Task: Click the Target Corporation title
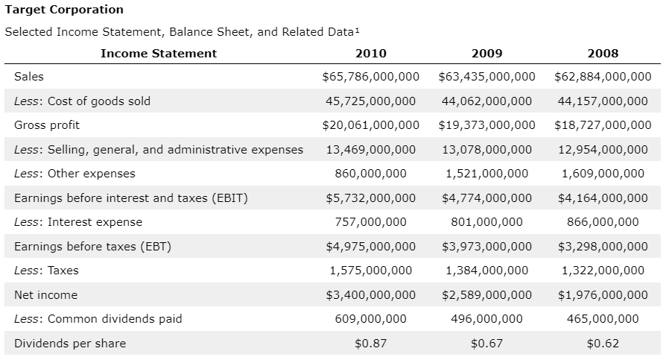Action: (64, 10)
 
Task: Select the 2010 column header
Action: (371, 53)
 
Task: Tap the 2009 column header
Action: (486, 53)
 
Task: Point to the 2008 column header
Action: (603, 53)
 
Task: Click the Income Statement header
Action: (159, 53)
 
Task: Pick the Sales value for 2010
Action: (371, 77)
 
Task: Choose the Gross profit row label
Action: (47, 125)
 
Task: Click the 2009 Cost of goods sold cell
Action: (486, 101)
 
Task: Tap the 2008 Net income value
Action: (603, 294)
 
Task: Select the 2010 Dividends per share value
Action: (371, 343)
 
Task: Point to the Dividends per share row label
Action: (70, 343)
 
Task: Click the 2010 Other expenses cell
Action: (371, 174)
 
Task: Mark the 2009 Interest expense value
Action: (486, 222)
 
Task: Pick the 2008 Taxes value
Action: (603, 271)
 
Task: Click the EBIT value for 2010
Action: (371, 198)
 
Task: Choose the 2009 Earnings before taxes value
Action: (486, 246)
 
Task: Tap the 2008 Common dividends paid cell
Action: (603, 319)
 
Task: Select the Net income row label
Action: (46, 294)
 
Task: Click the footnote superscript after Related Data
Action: (357, 30)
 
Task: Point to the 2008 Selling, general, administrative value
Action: (603, 149)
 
